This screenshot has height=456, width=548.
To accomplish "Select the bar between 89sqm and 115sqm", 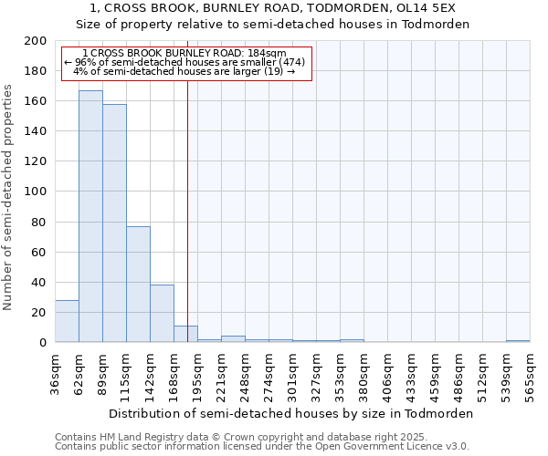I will pyautogui.click(x=114, y=223).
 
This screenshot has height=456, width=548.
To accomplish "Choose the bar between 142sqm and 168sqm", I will pyautogui.click(x=162, y=314).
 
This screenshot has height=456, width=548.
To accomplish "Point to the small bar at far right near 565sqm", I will pyautogui.click(x=518, y=341).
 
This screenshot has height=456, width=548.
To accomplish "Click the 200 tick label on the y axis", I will pyautogui.click(x=36, y=41).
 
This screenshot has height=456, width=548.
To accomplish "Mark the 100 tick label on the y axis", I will pyautogui.click(x=36, y=192).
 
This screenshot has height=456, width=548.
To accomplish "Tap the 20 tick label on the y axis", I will pyautogui.click(x=39, y=312).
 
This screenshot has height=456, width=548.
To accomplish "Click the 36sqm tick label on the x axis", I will pyautogui.click(x=55, y=373).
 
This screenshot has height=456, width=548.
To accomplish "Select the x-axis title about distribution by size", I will pyautogui.click(x=291, y=413).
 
